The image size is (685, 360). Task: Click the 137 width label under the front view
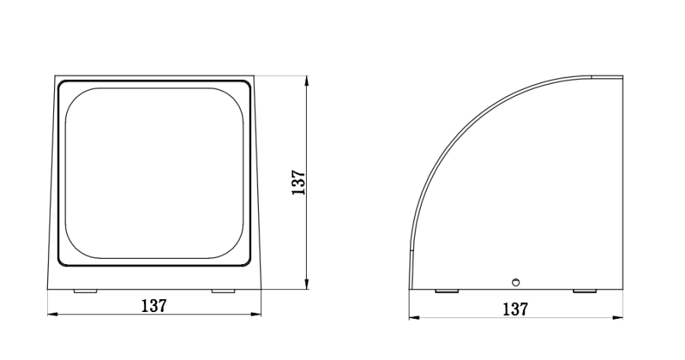(x=154, y=305)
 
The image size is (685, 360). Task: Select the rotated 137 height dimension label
(x=298, y=183)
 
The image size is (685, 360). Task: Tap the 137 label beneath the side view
(x=515, y=309)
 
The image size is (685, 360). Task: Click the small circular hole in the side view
(x=515, y=282)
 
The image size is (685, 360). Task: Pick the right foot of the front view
(x=223, y=292)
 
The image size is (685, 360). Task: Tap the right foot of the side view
(x=584, y=292)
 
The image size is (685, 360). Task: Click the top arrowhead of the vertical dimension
(x=306, y=79)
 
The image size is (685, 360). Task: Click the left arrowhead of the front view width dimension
(x=51, y=313)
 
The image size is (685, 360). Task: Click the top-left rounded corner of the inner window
(x=76, y=99)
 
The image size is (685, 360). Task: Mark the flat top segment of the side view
(x=607, y=77)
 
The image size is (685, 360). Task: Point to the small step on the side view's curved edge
(x=411, y=252)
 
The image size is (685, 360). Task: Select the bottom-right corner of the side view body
(x=622, y=289)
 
